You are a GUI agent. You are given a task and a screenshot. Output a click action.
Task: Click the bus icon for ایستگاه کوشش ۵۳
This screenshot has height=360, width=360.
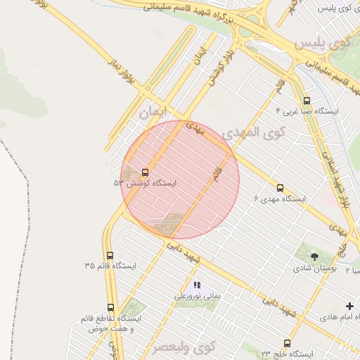tap(146, 172)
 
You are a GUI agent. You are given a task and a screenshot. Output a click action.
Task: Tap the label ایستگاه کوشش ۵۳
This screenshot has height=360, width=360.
tap(146, 183)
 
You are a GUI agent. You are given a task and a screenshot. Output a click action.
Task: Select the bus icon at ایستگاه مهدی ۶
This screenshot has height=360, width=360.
tap(280, 188)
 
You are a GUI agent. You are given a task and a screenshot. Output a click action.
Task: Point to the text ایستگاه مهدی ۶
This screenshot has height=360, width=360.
tap(280, 200)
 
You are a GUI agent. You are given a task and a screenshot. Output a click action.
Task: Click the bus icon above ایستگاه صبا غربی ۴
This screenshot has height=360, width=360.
tap(307, 101)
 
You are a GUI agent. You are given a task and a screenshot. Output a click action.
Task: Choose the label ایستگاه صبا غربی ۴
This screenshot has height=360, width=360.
tap(307, 111)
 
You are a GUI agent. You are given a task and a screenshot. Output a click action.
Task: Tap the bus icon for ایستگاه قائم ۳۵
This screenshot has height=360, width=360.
tap(110, 256)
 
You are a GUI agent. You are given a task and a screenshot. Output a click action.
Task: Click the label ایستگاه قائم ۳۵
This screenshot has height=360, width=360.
tap(110, 266)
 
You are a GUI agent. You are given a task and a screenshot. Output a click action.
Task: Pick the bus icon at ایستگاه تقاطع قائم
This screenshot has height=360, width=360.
tap(110, 307)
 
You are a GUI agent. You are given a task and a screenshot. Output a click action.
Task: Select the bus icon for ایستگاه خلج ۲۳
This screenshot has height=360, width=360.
tap(287, 343)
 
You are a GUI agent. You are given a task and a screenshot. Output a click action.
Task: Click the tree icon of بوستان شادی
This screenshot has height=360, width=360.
tap(314, 257)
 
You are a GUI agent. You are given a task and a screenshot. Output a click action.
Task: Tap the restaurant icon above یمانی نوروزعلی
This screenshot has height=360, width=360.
tap(197, 285)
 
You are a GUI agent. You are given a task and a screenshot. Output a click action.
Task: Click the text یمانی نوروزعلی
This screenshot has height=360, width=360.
tap(198, 296)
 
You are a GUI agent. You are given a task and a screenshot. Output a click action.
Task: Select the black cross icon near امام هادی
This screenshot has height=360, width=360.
tap(349, 306)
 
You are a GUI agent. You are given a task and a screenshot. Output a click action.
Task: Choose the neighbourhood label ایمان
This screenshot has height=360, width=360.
tap(155, 111)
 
